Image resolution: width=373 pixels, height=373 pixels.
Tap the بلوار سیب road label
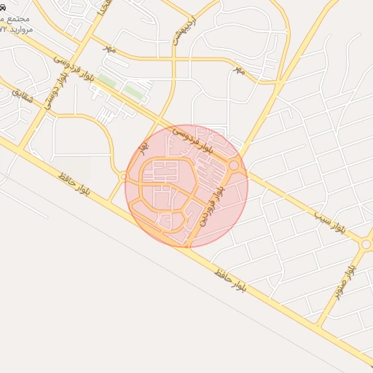pyautogui.click(x=331, y=225)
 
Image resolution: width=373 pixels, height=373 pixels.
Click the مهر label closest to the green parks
pyautogui.click(x=109, y=48)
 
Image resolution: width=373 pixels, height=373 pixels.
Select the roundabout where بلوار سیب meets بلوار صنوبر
pyautogui.click(x=366, y=245)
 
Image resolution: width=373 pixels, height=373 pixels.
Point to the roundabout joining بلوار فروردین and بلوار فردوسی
pyautogui.click(x=233, y=167)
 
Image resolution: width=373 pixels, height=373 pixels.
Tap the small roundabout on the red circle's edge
pyautogui.click(x=125, y=176)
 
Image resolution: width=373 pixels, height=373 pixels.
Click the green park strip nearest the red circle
pyautogui.click(x=133, y=91)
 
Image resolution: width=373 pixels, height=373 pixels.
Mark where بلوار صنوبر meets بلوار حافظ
pyautogui.click(x=319, y=321)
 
